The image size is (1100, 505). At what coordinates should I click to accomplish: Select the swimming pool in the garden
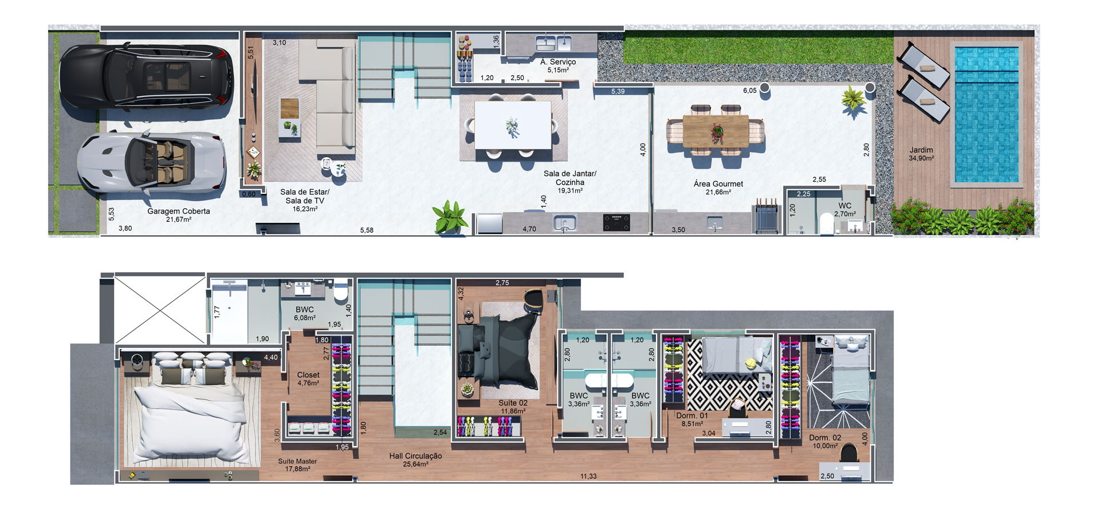pos(986,113)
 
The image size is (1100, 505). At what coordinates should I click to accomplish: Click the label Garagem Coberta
pos(179,211)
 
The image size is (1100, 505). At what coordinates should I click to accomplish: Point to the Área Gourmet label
pos(718,184)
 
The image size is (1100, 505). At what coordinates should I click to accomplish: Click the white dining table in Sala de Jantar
pos(513,125)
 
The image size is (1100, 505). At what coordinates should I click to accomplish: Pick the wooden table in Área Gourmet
pos(716,130)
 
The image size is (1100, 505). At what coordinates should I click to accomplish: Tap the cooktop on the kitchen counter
pos(616,222)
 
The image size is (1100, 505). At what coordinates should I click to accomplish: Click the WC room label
pos(845,206)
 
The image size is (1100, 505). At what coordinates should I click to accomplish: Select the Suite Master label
pos(297,461)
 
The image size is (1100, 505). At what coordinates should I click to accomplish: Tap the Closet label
pos(308,375)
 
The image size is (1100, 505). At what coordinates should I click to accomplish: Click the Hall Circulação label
pos(415,456)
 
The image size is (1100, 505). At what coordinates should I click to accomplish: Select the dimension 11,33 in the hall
pos(588,476)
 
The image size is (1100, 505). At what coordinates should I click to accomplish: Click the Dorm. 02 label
pos(823,437)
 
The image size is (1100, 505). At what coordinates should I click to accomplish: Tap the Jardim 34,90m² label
pos(921,154)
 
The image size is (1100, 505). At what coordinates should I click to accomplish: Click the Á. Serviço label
pos(558,61)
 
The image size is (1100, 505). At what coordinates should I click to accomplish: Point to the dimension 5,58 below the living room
pos(367,230)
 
